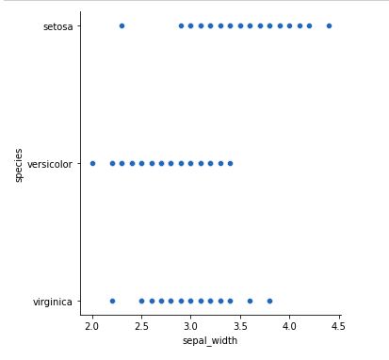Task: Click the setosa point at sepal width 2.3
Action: (122, 25)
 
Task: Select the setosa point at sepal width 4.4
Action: (329, 25)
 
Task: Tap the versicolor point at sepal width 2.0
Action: (92, 163)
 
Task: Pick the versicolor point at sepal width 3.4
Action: (230, 163)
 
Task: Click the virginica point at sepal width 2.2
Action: (112, 301)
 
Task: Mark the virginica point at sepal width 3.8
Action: (269, 301)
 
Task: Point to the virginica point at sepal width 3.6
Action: (250, 301)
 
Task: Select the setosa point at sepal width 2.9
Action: (181, 25)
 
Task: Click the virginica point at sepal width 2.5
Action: (141, 301)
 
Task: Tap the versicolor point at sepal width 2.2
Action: (112, 163)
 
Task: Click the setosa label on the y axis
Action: (58, 26)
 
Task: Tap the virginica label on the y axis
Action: (55, 302)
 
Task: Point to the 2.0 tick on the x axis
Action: (92, 325)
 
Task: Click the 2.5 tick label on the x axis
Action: (141, 325)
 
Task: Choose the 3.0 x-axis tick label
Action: (190, 325)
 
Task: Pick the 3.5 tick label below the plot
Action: (240, 325)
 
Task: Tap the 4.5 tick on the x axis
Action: (338, 325)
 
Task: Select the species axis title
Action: (19, 163)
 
